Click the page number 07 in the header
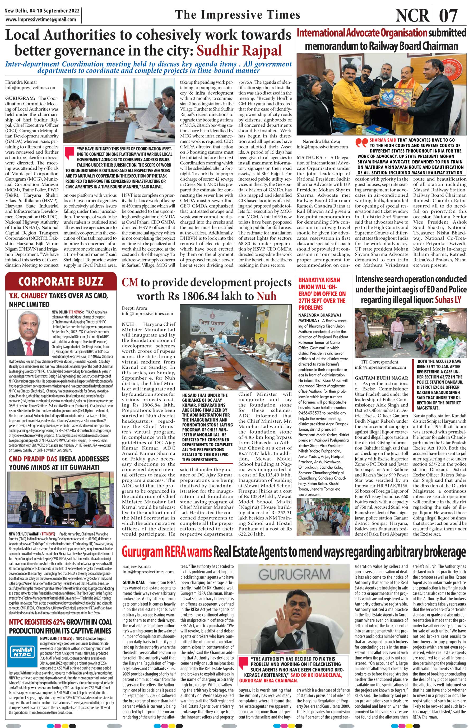pyautogui.click(x=448, y=15)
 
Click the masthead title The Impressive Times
pyautogui.click(x=238, y=14)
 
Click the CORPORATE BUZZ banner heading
pyautogui.click(x=61, y=282)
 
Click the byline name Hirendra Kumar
pyautogui.click(x=20, y=82)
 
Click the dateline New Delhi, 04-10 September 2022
pyautogui.click(x=42, y=11)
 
